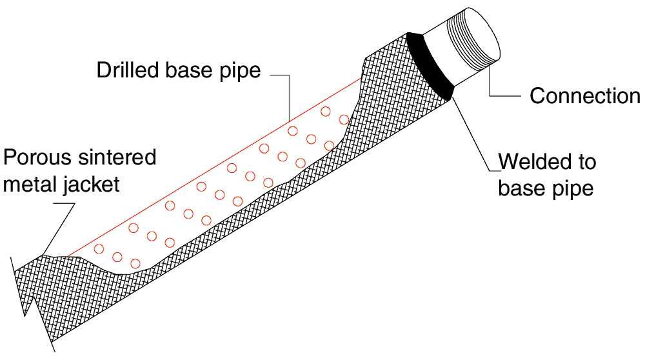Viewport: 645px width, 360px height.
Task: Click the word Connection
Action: pos(584,96)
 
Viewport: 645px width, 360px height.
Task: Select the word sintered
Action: pos(119,157)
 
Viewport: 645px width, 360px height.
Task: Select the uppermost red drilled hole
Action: pos(326,111)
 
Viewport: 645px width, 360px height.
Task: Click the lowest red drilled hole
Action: pos(135,263)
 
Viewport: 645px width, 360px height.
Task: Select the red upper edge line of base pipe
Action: pos(213,165)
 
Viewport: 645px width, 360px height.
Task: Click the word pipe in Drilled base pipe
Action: pos(241,70)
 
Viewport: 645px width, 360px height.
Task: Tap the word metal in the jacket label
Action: pos(32,185)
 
